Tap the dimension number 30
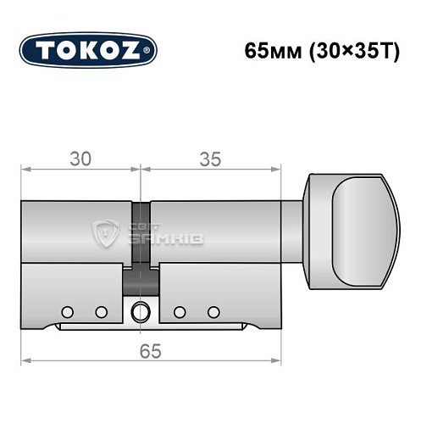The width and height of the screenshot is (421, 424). [x=80, y=159]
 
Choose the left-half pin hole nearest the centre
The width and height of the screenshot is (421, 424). [x=101, y=311]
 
